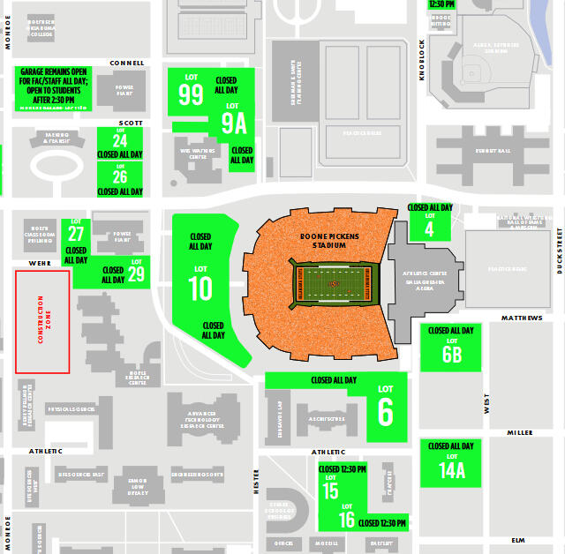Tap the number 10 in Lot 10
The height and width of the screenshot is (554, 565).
tap(200, 288)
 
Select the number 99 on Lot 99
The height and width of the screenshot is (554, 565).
tap(192, 95)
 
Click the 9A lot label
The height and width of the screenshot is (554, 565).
tap(234, 123)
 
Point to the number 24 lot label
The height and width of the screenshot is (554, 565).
tap(120, 141)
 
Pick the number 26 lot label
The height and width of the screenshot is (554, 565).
tap(120, 177)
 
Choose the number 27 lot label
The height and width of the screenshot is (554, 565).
tap(76, 234)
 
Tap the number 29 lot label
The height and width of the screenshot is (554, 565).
tap(136, 274)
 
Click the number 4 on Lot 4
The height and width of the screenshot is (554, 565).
tap(430, 228)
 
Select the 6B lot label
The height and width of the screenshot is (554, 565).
tap(451, 354)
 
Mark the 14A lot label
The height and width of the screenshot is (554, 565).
tap(451, 470)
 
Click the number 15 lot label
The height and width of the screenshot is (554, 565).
tap(330, 491)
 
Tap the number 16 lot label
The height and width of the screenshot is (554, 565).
tap(347, 520)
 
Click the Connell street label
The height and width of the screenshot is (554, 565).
tap(127, 64)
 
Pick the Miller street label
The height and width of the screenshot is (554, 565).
tap(520, 432)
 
